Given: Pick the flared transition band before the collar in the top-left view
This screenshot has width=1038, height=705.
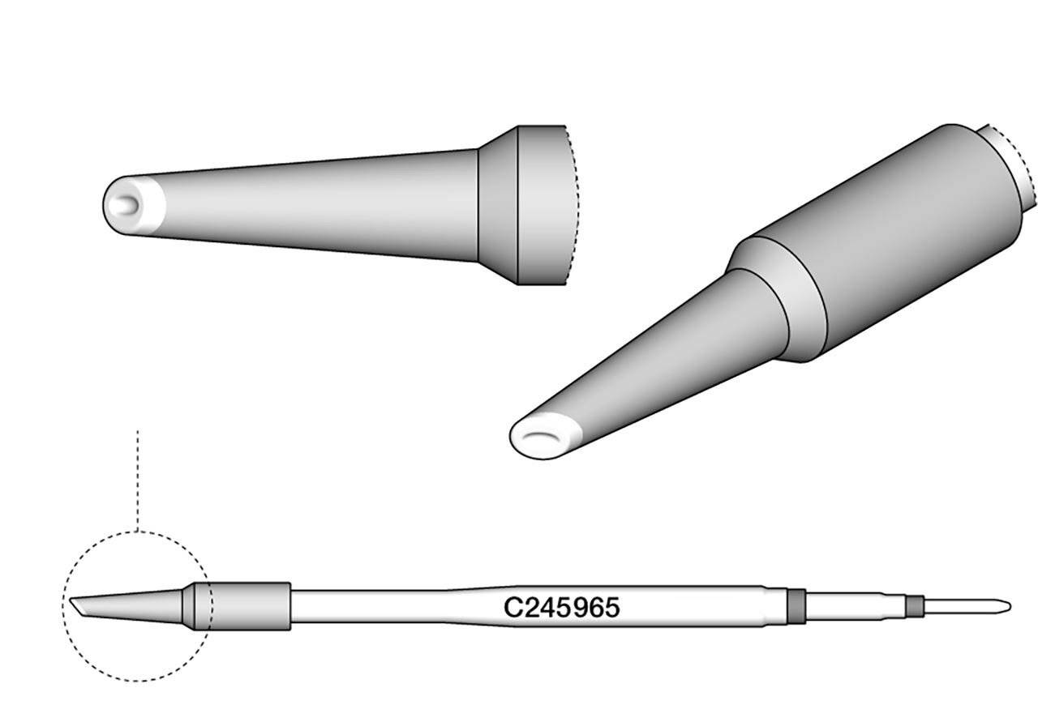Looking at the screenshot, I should click(x=497, y=206).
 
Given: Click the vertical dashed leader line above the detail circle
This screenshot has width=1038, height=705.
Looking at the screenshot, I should click(x=138, y=478).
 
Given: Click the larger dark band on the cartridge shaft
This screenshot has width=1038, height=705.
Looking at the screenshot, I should click(x=797, y=607).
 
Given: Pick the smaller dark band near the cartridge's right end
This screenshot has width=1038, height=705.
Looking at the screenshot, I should click(x=916, y=606).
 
